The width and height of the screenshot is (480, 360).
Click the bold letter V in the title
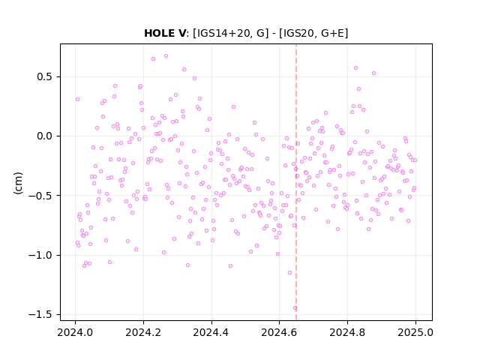click(181, 33)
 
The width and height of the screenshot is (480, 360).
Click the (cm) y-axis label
click(18, 183)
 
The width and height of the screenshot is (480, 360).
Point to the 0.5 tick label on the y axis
click(44, 76)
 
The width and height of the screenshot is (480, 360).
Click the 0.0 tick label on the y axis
click(44, 136)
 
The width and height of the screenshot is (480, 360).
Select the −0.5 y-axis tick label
click(40, 196)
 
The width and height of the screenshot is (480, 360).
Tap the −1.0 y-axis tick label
click(40, 255)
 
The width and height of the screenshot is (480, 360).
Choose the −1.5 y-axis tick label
click(40, 314)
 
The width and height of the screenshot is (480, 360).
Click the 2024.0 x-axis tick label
click(75, 332)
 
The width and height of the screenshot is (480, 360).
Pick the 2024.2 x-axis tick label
click(143, 332)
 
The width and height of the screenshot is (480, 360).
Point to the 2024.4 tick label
click(211, 332)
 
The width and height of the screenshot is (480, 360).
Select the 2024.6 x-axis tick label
click(279, 332)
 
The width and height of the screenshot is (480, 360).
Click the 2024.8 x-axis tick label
click(347, 332)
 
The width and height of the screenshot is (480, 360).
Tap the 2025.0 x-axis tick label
click(415, 332)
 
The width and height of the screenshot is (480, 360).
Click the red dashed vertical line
click(296, 182)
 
